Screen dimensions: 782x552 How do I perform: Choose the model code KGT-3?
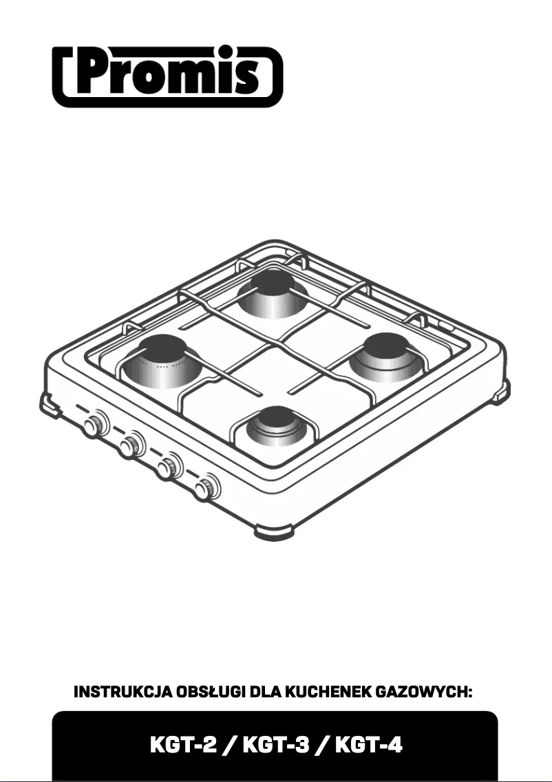coord(275,744)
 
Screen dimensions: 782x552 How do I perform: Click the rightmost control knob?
coord(204,489)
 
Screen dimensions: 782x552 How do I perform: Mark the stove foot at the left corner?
coord(49,404)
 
